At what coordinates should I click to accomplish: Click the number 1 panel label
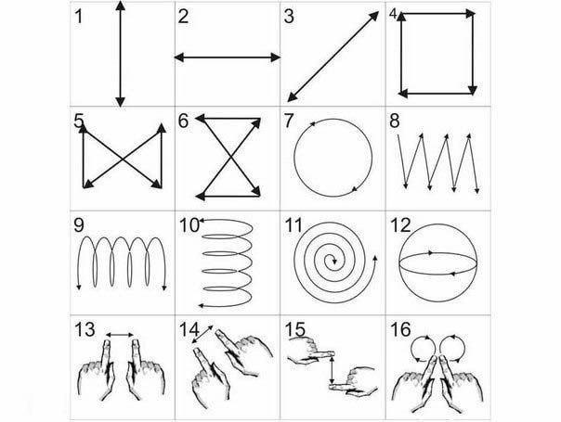tap(79, 17)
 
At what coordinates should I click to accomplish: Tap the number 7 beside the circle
tap(289, 121)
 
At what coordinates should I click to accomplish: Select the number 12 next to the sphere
tap(400, 225)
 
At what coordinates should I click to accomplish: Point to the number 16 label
tap(400, 329)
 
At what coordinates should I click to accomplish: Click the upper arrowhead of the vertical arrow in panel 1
tap(121, 6)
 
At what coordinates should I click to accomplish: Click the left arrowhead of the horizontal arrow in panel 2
tap(179, 58)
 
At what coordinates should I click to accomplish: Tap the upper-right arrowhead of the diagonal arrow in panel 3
tap(373, 16)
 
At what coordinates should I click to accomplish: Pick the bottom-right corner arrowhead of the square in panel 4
tap(473, 90)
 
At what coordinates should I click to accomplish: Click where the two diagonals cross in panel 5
tap(123, 159)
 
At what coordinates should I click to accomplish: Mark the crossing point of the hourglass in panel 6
tap(230, 157)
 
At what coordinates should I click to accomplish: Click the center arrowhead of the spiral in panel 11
tap(334, 262)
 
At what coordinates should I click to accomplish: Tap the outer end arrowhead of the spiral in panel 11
tap(374, 259)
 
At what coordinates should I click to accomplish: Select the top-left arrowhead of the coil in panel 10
tap(202, 221)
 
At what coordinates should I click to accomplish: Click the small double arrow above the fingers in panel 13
tap(120, 335)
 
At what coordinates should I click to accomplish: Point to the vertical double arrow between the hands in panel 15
tap(333, 370)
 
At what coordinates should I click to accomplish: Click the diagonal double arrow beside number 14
tap(202, 334)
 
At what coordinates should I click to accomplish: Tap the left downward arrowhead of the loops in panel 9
tap(79, 287)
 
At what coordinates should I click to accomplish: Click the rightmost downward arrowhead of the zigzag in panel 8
tap(476, 190)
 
